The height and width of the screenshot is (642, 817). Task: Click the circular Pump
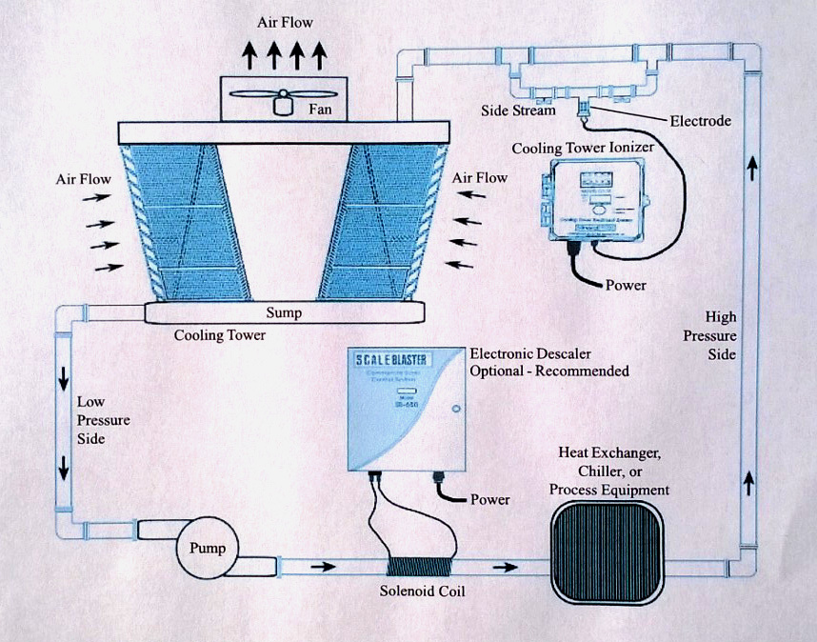[208, 549]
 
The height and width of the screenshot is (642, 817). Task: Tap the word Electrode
[699, 121]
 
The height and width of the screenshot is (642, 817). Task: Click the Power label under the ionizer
[626, 285]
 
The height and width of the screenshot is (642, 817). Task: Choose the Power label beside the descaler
[489, 499]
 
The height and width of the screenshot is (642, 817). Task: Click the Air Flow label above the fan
[285, 22]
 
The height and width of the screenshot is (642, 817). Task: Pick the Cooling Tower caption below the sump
[220, 336]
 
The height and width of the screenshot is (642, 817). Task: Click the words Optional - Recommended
[549, 371]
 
